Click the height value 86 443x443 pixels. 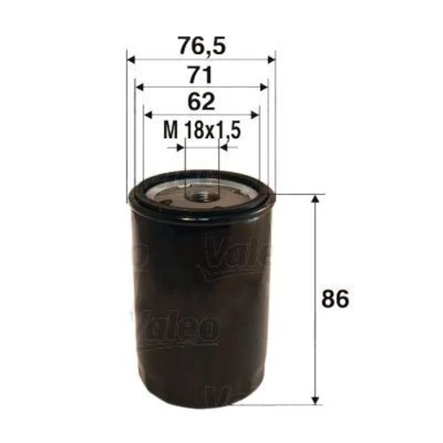click(337, 298)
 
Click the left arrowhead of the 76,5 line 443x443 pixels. click(132, 58)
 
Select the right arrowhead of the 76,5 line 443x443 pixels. click(270, 58)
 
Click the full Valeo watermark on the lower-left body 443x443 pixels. click(175, 327)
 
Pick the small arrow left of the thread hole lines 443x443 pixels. click(178, 149)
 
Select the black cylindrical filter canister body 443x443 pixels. click(201, 301)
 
